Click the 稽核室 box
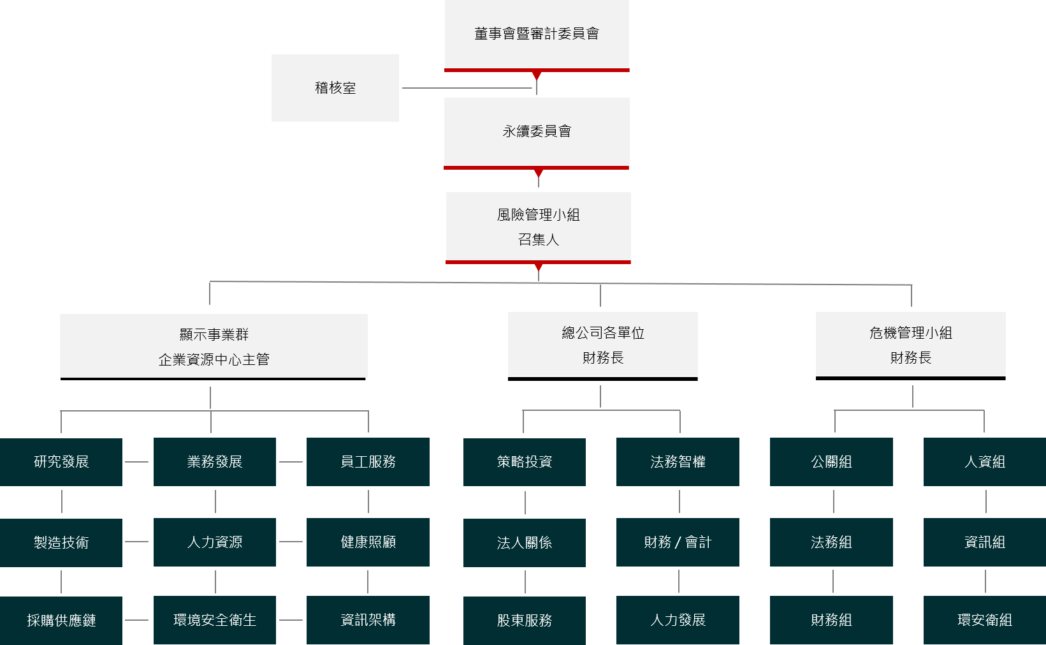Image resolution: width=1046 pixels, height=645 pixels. (x=335, y=88)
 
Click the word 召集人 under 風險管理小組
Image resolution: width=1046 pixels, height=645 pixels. (x=539, y=240)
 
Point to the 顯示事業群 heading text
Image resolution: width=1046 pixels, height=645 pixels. (x=214, y=335)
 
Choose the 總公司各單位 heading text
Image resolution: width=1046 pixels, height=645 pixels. (x=603, y=333)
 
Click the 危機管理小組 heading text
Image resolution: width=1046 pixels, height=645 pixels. (x=911, y=333)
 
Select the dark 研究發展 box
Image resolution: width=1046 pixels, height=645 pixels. (x=61, y=462)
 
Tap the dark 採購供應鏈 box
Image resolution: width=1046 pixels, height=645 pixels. (x=61, y=620)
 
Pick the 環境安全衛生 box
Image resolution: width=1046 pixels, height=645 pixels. (x=215, y=619)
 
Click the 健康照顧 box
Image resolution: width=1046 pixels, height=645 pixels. (x=368, y=542)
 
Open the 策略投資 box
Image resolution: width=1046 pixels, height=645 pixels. (x=525, y=462)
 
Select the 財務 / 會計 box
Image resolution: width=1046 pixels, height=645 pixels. (x=678, y=542)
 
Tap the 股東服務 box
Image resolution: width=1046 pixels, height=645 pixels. (x=525, y=620)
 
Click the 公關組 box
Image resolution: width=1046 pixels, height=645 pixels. (x=831, y=462)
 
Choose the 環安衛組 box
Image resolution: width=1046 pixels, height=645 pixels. (x=985, y=619)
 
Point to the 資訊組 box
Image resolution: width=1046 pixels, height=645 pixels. (x=985, y=542)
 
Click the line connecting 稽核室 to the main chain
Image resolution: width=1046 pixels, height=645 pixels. (x=467, y=88)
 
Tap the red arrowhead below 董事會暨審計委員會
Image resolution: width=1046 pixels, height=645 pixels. (x=537, y=76)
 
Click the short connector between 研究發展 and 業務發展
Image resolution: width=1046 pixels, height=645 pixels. (x=137, y=462)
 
